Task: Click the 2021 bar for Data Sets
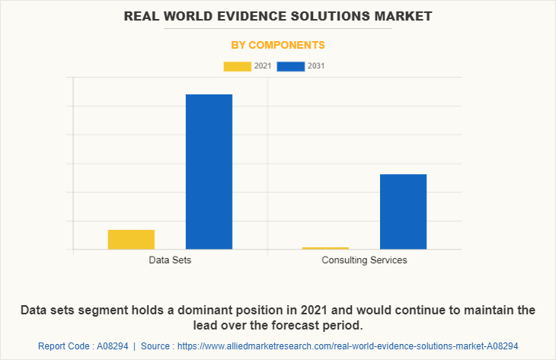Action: tap(131, 239)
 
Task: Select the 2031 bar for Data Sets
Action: tap(209, 171)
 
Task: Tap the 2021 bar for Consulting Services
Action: tap(325, 248)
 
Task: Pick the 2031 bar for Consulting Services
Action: tap(403, 212)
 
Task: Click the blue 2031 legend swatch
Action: tap(290, 66)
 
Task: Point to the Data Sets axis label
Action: tap(170, 260)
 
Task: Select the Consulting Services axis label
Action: tap(364, 260)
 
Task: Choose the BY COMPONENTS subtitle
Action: tap(278, 45)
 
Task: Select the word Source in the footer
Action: tap(157, 346)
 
